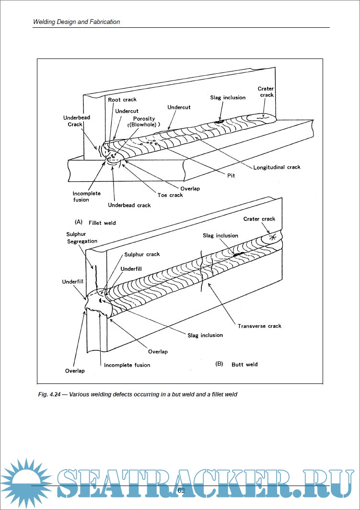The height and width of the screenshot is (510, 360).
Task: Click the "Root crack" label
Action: click(122, 100)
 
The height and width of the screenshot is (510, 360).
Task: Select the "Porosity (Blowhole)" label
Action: click(144, 122)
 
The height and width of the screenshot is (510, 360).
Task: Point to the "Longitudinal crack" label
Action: click(277, 167)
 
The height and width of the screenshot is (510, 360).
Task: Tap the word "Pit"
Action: click(231, 176)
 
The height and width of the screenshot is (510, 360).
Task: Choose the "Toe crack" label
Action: click(170, 195)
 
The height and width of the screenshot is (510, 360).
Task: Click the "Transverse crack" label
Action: click(259, 326)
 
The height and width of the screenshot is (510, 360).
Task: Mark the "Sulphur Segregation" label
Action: click(82, 237)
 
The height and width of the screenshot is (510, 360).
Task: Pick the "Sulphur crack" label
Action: click(142, 255)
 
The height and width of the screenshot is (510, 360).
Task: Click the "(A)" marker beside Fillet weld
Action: click(79, 222)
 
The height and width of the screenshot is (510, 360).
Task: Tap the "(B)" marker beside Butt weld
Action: click(220, 364)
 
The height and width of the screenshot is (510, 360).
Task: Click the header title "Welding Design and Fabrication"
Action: click(77, 22)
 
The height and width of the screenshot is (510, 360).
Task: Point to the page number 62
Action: click(181, 490)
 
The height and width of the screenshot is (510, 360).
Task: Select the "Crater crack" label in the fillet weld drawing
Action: click(266, 92)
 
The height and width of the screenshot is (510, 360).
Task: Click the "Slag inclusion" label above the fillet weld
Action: click(228, 98)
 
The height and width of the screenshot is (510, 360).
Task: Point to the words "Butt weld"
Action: click(244, 364)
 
